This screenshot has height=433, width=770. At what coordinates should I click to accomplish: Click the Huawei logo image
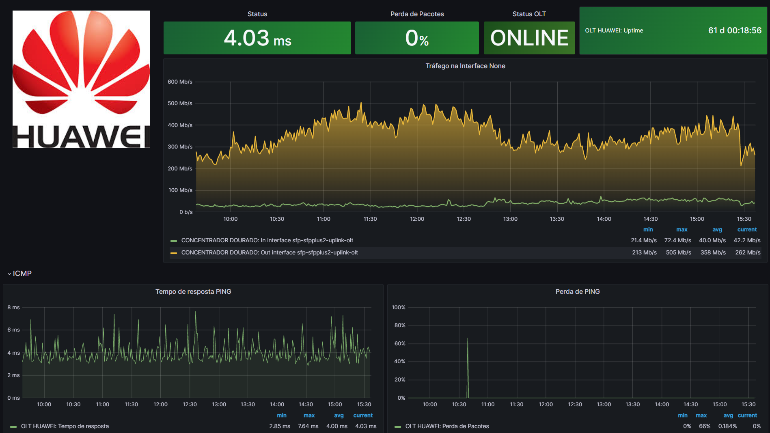[81, 79]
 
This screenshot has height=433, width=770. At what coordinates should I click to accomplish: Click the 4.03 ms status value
[257, 38]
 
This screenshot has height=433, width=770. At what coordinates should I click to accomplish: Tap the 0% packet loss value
[417, 38]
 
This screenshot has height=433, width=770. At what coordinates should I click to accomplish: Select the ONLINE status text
[529, 38]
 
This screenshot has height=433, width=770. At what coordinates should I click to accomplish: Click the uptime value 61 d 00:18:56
[734, 30]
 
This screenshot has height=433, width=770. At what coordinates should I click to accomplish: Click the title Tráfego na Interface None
[465, 66]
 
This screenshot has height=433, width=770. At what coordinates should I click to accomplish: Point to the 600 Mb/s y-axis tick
[180, 82]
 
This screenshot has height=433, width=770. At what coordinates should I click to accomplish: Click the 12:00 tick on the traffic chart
[417, 219]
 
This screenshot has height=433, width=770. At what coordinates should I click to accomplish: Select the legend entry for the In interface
[267, 240]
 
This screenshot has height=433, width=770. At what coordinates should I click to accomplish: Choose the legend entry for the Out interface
[269, 252]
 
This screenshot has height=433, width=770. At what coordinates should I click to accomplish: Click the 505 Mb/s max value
[678, 252]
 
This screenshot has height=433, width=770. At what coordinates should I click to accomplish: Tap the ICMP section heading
[22, 274]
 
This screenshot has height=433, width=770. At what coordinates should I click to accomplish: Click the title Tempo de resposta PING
[193, 291]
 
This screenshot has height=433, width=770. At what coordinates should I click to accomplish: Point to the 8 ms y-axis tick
[13, 307]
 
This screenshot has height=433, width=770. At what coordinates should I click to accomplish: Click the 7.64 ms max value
[308, 426]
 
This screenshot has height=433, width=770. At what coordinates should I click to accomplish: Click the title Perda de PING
[577, 291]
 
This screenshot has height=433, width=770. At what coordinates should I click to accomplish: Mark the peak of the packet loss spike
[468, 338]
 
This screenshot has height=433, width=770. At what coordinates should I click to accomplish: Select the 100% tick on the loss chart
[398, 307]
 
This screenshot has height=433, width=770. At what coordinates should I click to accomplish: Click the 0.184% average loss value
[727, 426]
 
